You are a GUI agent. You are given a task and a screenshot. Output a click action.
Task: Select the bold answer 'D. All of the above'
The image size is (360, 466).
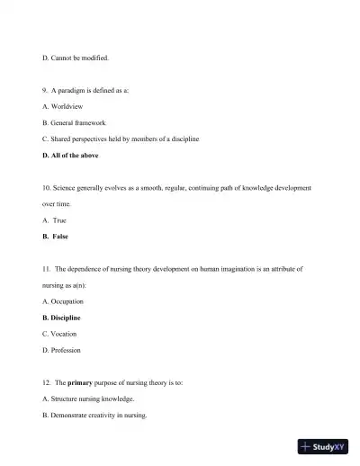point(70,156)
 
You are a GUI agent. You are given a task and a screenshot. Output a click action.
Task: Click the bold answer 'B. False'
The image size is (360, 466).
point(55,237)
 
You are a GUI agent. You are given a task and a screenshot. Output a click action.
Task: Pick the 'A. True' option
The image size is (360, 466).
point(54,220)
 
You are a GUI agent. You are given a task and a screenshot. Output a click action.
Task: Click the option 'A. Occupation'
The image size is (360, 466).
point(63,301)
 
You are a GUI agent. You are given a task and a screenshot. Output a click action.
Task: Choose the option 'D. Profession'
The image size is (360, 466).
point(61,350)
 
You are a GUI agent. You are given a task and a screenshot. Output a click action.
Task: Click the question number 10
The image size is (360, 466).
point(47,188)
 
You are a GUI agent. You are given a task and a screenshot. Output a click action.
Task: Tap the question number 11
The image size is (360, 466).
point(47,269)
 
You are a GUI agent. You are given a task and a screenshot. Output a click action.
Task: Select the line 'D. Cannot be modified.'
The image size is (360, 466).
point(76,58)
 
